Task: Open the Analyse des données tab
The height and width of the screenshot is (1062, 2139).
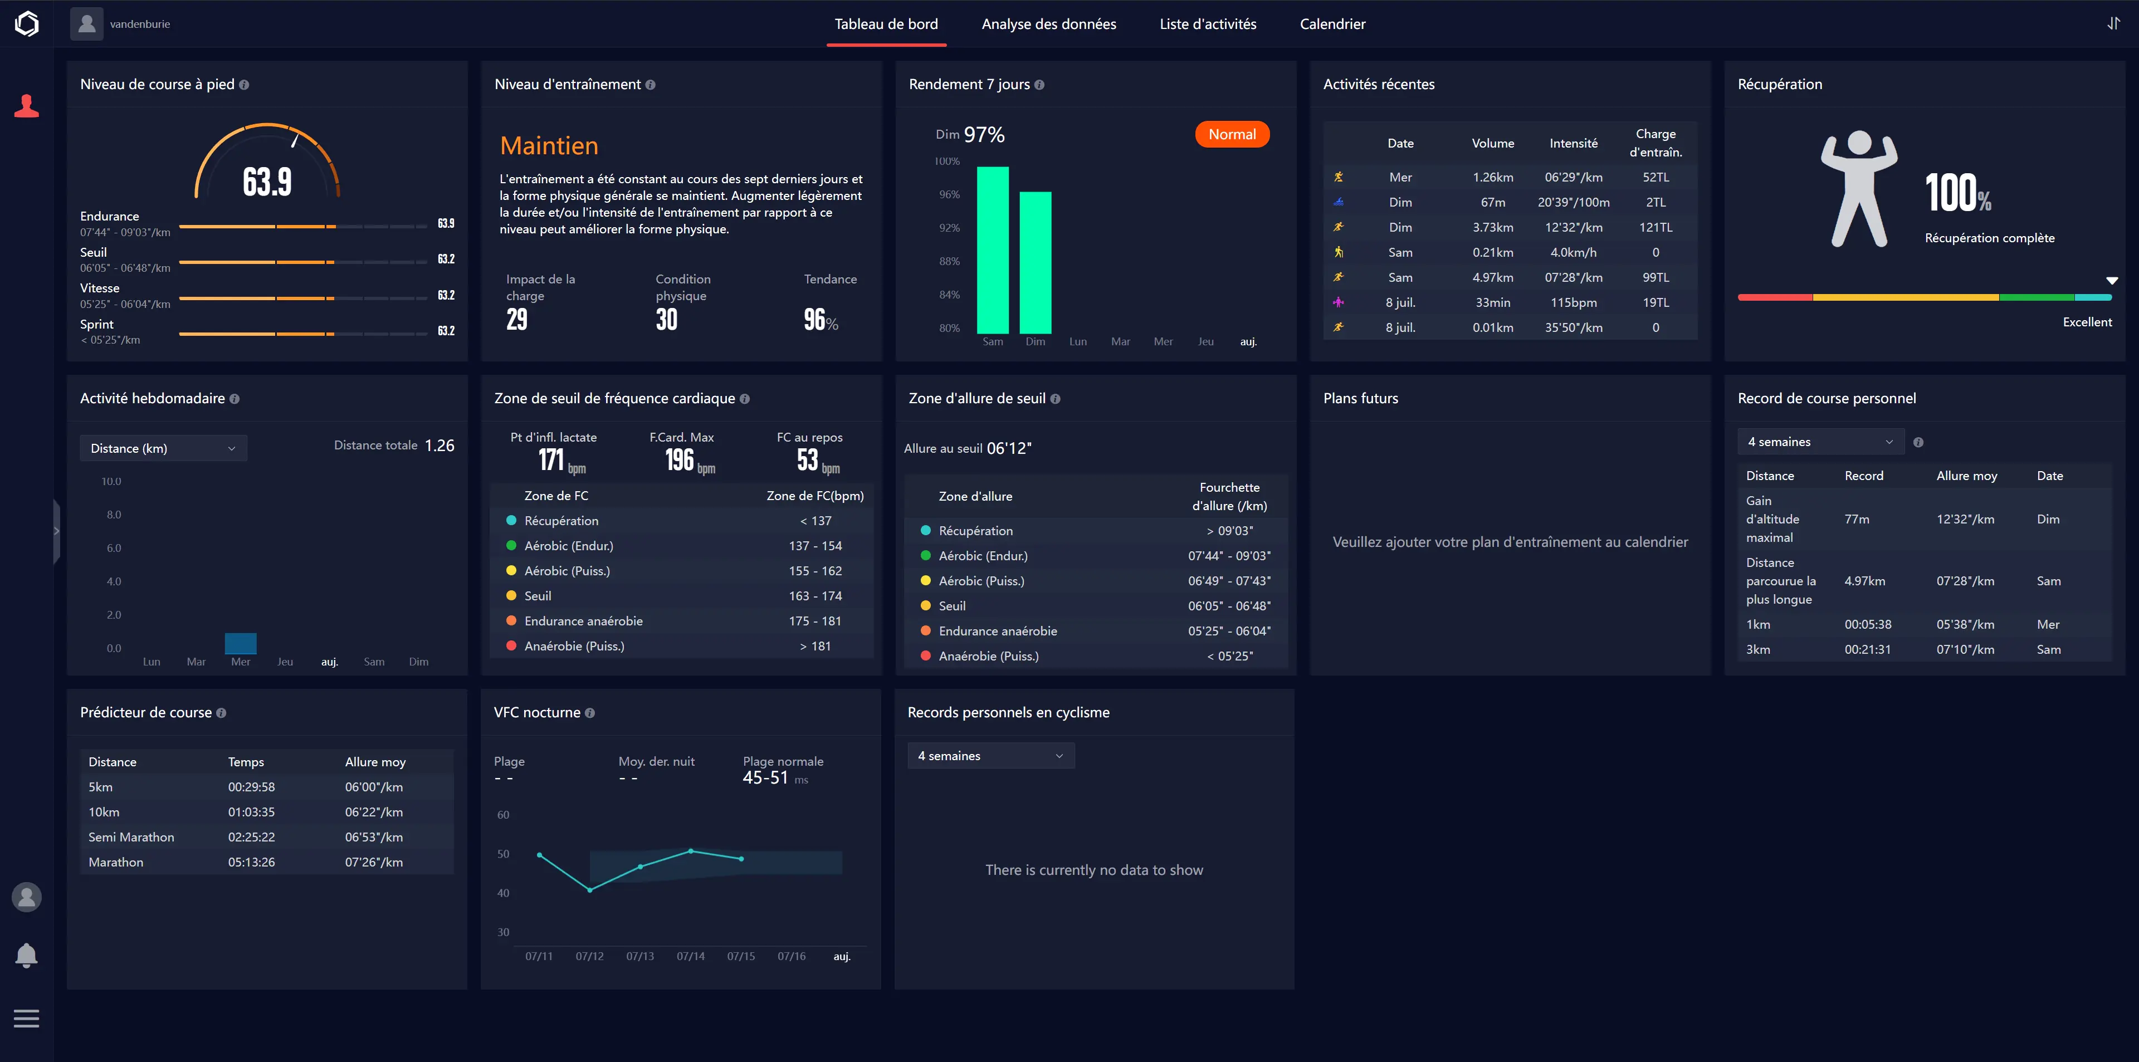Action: tap(1049, 24)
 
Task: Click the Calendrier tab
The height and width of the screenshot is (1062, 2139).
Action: tap(1332, 24)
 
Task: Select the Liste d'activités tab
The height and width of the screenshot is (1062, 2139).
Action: tap(1207, 24)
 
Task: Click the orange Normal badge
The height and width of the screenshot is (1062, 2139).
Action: tap(1232, 135)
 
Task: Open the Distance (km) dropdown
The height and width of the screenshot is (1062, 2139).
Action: tap(163, 448)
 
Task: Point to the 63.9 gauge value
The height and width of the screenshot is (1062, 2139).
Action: tap(267, 182)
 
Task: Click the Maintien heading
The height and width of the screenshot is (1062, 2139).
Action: tap(549, 146)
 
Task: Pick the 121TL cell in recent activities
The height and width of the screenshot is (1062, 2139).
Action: tap(1655, 228)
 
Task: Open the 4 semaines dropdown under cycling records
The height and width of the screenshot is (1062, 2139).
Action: tap(990, 756)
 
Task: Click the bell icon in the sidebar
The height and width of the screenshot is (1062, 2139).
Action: tap(27, 956)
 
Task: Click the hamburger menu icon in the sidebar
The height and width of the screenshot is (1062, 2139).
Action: tap(27, 1018)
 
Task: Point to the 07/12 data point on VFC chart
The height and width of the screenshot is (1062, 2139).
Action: tap(589, 890)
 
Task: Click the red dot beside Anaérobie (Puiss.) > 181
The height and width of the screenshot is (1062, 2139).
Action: tap(511, 646)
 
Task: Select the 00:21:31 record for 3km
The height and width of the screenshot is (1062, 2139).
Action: tap(1868, 649)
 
